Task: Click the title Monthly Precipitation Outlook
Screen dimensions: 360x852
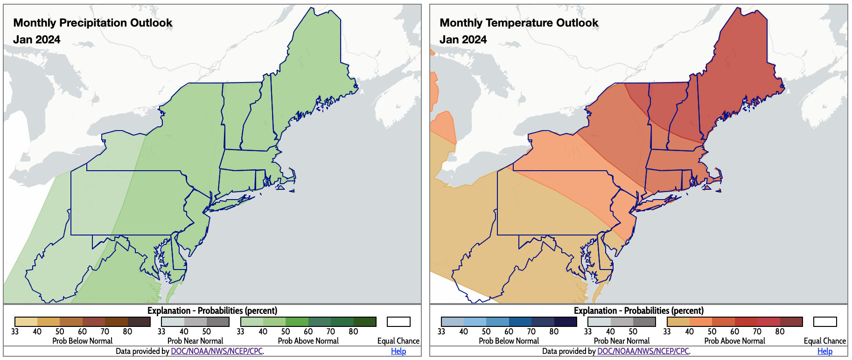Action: [x=93, y=23]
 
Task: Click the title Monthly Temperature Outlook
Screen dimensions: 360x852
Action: [x=519, y=23]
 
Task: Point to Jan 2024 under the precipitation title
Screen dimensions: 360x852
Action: [x=37, y=40]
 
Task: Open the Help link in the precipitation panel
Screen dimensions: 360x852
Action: [x=398, y=351]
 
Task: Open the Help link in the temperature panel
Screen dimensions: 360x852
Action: [x=824, y=351]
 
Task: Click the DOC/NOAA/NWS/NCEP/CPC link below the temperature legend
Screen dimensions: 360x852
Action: [x=643, y=351]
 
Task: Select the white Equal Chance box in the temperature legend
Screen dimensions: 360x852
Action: [x=824, y=322]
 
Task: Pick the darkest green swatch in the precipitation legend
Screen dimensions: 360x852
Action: [x=365, y=322]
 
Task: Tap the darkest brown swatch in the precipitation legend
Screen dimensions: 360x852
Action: [x=139, y=322]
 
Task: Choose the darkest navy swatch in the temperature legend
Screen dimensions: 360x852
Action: [x=566, y=322]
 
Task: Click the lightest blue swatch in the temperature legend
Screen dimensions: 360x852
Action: [x=453, y=322]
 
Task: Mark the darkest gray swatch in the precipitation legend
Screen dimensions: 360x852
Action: [x=218, y=322]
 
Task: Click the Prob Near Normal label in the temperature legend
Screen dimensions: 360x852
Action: [x=622, y=341]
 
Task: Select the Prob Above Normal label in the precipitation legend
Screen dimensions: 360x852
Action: [x=308, y=341]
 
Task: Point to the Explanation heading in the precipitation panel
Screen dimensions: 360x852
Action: [x=212, y=311]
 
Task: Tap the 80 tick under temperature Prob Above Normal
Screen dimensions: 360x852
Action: [x=780, y=332]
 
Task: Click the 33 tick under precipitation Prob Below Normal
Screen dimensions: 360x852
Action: [x=15, y=332]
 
